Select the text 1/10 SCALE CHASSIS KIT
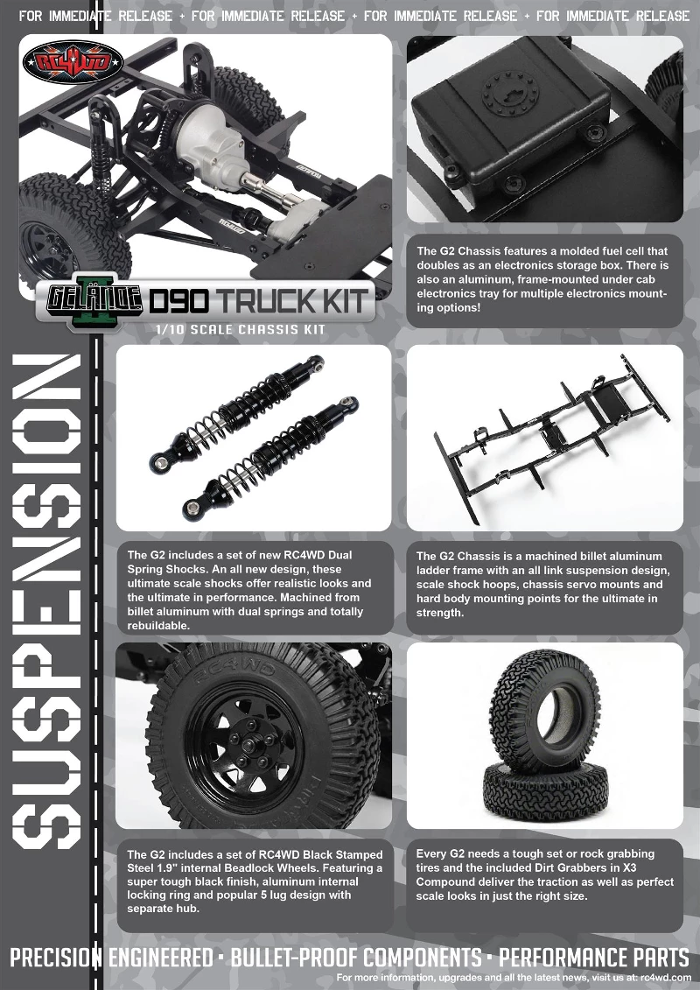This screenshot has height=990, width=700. click(239, 330)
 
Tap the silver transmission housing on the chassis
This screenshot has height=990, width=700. click(209, 139)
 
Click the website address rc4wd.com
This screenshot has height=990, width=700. click(665, 977)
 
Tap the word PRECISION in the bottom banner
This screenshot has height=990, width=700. click(54, 957)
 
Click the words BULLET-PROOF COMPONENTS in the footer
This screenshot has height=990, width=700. click(355, 957)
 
